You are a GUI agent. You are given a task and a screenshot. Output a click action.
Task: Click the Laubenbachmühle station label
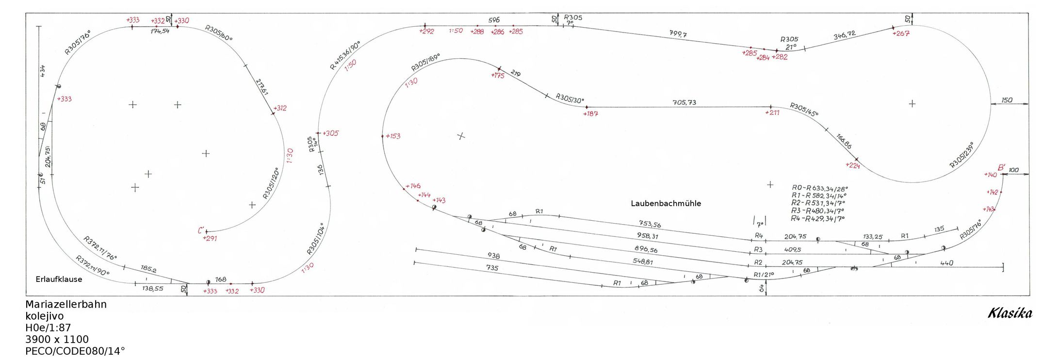666,204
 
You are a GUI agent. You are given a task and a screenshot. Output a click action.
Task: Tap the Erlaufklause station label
59,279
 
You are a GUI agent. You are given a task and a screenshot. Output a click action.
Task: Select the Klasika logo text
1010,313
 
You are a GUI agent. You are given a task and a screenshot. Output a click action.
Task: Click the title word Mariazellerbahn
66,305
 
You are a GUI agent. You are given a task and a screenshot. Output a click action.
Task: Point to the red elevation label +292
427,32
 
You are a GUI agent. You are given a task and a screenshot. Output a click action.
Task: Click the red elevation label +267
901,33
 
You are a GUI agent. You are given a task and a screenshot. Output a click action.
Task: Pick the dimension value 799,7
678,34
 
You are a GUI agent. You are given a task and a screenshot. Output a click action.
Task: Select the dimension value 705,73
684,102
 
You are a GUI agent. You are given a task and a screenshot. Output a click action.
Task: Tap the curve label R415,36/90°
345,56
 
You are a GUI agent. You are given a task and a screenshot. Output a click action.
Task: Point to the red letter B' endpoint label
1001,167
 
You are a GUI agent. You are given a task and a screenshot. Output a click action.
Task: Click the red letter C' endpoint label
201,230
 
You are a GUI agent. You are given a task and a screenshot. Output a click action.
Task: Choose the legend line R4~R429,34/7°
817,219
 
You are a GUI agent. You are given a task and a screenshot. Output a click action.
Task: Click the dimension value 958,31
648,236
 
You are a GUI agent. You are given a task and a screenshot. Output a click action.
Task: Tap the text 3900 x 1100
57,340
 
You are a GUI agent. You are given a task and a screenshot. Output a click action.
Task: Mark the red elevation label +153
393,136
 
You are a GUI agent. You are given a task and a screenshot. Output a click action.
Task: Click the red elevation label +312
280,108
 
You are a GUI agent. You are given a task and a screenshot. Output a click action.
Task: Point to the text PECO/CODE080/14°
75,351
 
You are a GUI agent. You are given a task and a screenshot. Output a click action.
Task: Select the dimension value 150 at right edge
1007,100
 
